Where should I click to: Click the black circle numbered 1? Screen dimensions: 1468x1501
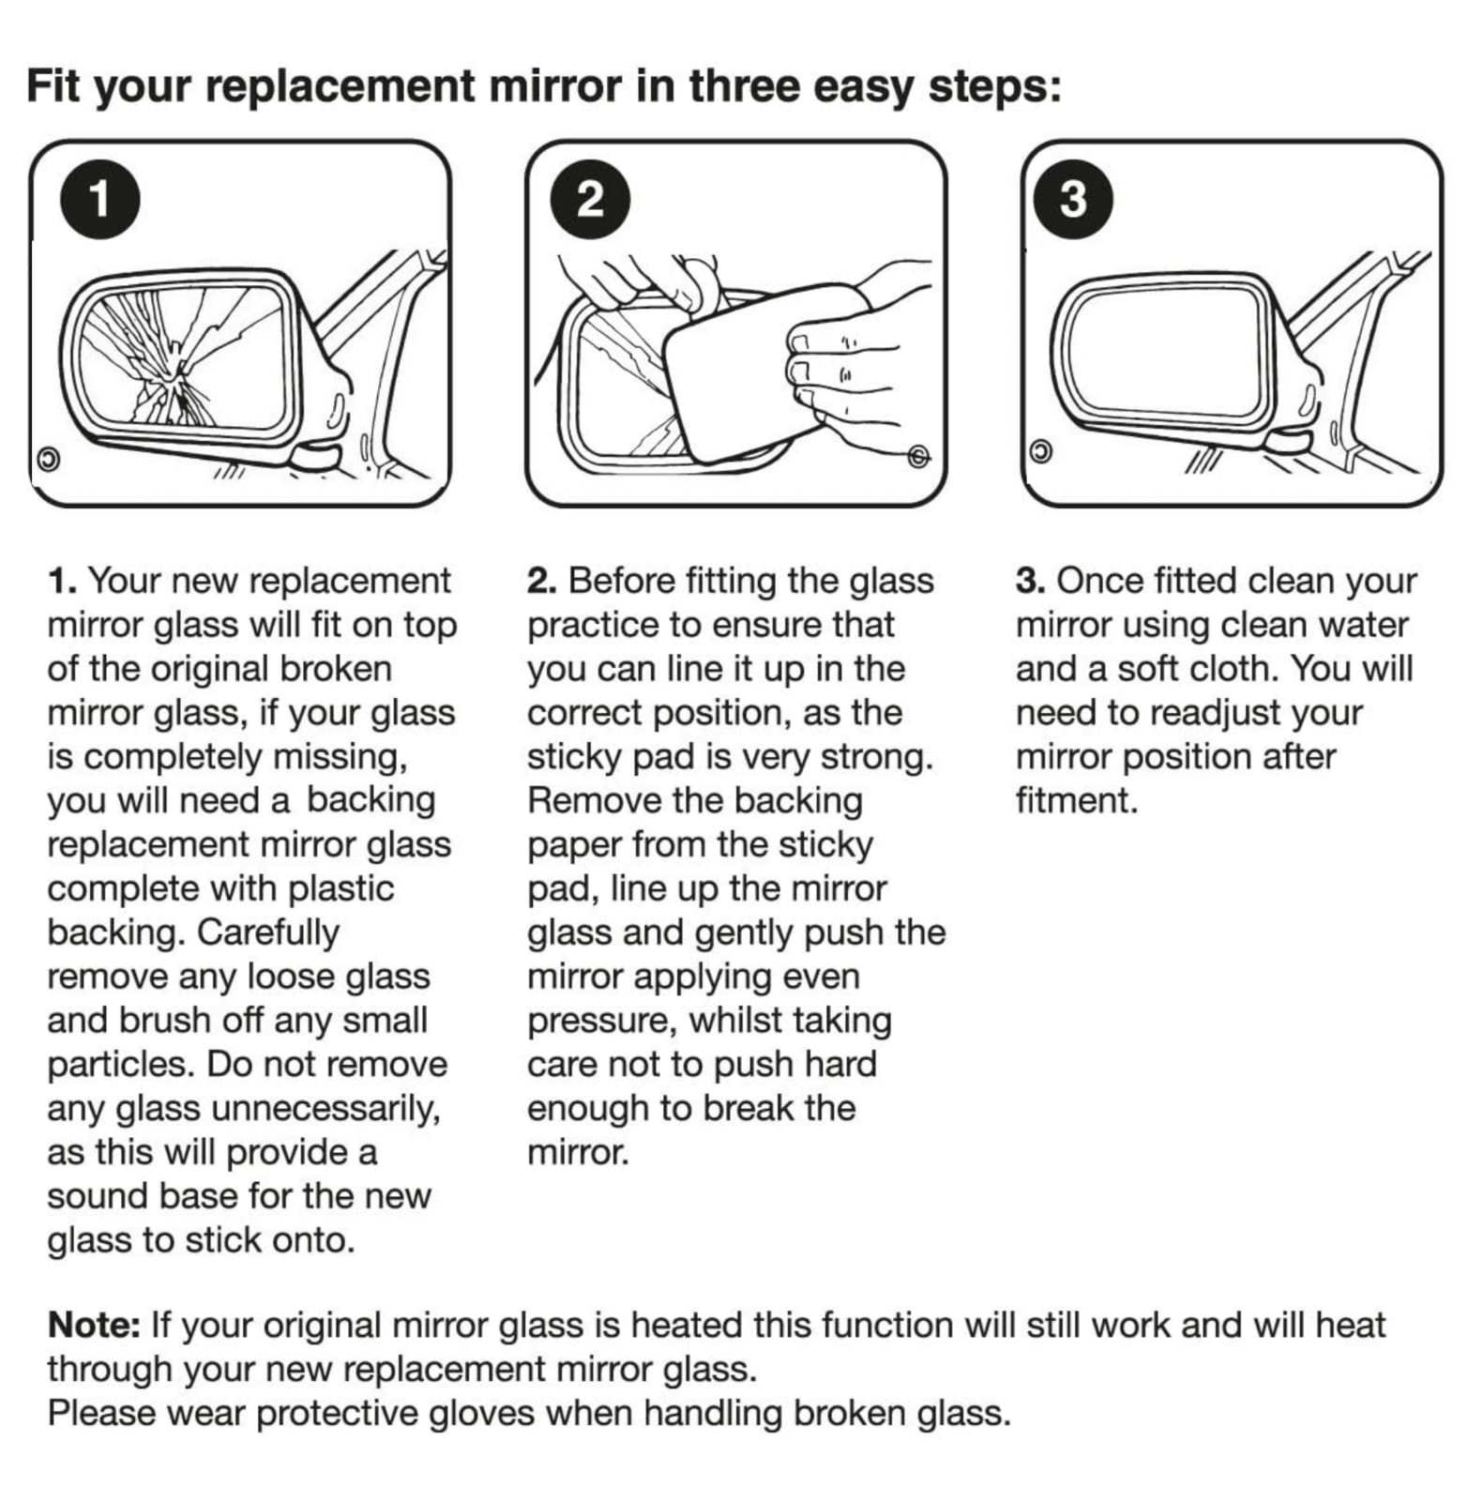[x=99, y=199]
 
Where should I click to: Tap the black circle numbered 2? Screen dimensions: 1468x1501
[x=589, y=199]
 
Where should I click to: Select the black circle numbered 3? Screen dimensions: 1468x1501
[x=1073, y=199]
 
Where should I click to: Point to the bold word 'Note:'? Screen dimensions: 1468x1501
[x=94, y=1326]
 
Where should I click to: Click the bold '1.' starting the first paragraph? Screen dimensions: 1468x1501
[x=63, y=582]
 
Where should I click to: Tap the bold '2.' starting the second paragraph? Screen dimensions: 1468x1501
[x=542, y=582]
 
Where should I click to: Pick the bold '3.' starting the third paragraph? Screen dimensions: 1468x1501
[x=1031, y=582]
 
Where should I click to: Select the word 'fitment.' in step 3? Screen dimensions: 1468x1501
[x=1077, y=801]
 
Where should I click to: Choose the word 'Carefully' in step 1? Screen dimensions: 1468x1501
[x=268, y=933]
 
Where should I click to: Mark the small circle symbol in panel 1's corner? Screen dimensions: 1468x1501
[x=47, y=460]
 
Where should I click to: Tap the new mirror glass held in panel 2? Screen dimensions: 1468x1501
[x=741, y=375]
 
